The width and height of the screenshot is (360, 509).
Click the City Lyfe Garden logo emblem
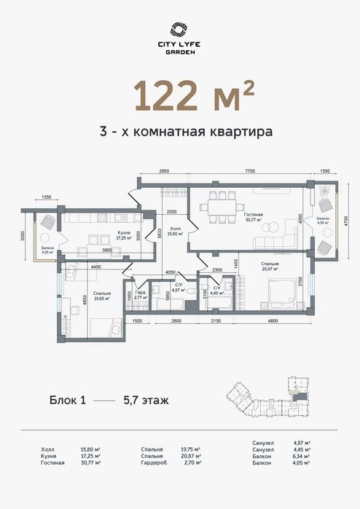point(179,29)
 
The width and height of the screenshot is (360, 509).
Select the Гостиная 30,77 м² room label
point(253,216)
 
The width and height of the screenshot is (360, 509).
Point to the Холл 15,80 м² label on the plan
point(173,232)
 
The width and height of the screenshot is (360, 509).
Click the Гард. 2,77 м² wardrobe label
point(141,296)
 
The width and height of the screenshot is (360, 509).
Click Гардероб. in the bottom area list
point(157,462)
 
